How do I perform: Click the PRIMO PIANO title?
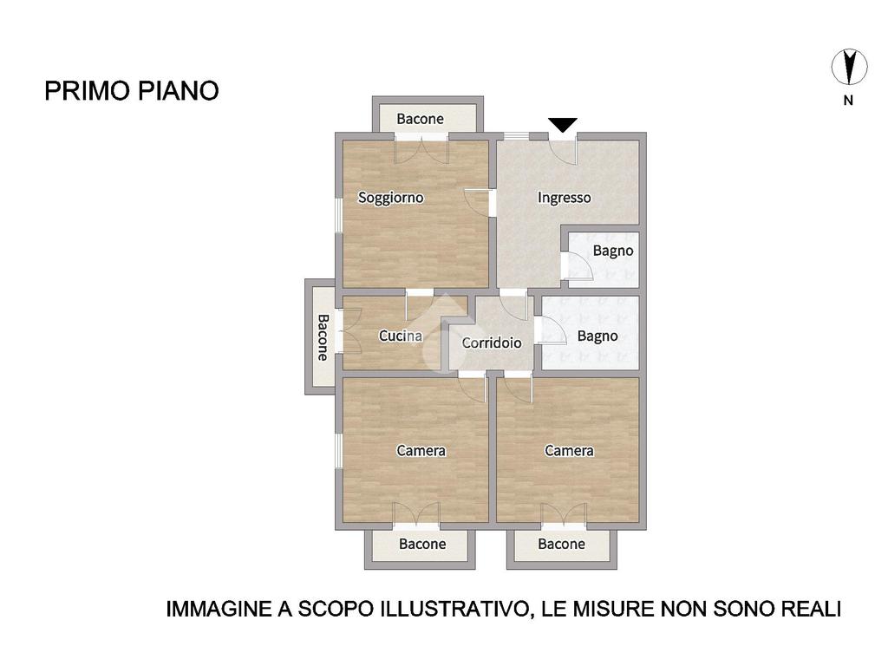[x=132, y=90]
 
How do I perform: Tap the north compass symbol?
[x=849, y=67]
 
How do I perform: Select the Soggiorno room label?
[x=391, y=198]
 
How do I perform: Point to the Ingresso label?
[x=564, y=198]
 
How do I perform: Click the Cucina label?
[x=401, y=336]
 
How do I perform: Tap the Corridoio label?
[x=492, y=343]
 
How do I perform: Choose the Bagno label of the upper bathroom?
[x=613, y=251]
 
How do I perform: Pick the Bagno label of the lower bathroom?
[x=597, y=336]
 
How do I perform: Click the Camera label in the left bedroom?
[x=421, y=451]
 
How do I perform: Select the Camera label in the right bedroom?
[x=569, y=451]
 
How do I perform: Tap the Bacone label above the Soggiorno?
[x=421, y=119]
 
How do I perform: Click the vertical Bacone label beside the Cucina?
[x=323, y=337]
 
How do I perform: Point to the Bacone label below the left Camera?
[x=422, y=545]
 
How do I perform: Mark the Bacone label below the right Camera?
[x=562, y=545]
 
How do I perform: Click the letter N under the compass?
[x=848, y=101]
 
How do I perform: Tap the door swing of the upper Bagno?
[x=578, y=266]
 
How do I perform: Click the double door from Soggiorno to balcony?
[x=421, y=151]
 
